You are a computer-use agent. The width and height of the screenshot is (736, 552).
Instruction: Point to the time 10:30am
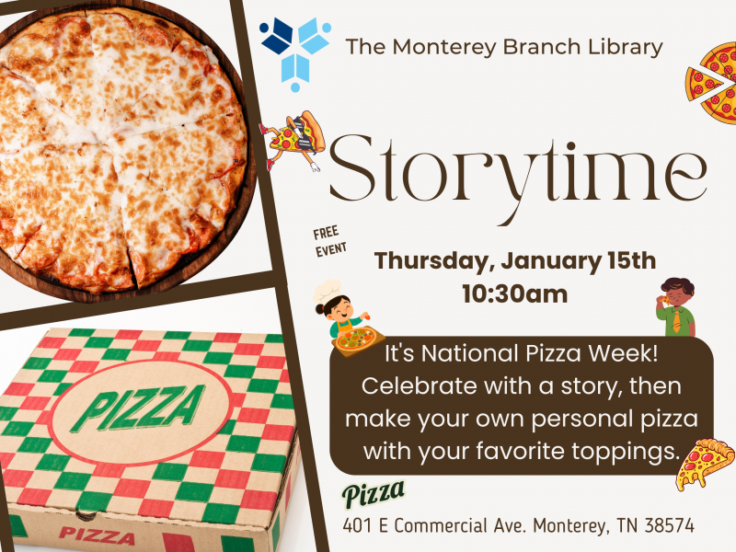click(513, 294)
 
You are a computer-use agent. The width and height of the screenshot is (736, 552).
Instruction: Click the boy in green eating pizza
click(674, 305)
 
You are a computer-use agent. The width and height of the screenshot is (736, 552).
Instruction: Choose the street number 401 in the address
click(359, 526)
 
